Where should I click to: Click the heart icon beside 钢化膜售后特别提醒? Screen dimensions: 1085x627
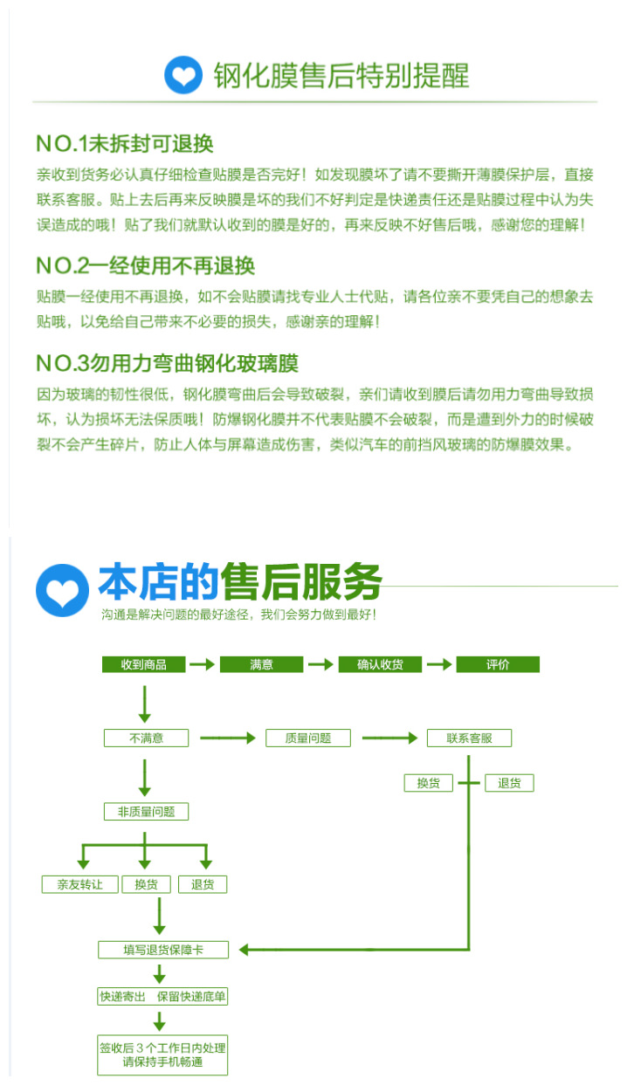(183, 74)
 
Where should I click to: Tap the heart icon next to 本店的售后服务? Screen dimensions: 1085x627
(62, 589)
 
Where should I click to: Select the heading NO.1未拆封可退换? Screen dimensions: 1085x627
(124, 143)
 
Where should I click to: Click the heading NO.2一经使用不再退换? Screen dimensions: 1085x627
(145, 265)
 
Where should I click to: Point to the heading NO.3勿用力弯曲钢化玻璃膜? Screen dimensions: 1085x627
(167, 362)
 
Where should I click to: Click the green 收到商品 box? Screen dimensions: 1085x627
(145, 664)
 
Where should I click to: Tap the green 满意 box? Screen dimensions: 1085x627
(261, 664)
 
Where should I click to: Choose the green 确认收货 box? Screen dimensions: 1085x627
(380, 664)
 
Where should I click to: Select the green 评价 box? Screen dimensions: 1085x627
(498, 664)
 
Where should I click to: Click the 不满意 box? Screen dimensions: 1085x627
(146, 738)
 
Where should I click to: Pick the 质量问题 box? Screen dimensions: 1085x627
(308, 738)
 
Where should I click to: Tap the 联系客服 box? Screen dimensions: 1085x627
(469, 738)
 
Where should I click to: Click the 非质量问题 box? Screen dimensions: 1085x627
(146, 811)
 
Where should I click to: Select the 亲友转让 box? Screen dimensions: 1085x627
(79, 884)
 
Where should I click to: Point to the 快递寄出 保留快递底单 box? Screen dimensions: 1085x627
(163, 996)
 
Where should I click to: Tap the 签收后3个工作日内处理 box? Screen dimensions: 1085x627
(163, 1054)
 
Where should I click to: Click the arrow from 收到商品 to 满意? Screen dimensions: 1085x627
(203, 664)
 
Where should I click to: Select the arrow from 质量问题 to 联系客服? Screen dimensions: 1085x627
(389, 738)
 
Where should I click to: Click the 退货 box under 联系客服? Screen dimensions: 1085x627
(509, 783)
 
